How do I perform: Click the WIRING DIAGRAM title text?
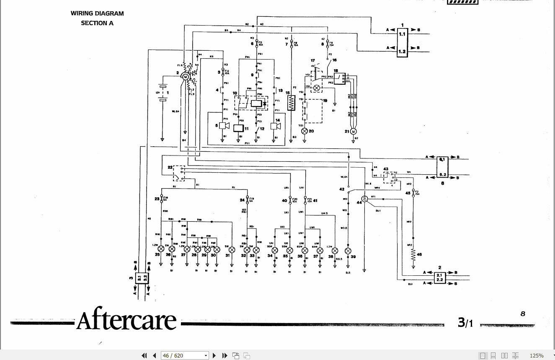tap(97, 13)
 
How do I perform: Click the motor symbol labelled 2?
tap(185, 76)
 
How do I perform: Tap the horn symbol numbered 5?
tap(222, 125)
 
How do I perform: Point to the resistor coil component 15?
tap(292, 103)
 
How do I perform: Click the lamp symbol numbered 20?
tap(305, 131)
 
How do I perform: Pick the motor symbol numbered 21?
tap(353, 132)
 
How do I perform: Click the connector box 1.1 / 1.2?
tap(402, 43)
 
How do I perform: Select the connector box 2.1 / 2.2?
tap(439, 277)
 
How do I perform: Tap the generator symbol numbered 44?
tap(364, 198)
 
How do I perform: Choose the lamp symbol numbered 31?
tap(232, 250)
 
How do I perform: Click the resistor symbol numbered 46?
tap(413, 254)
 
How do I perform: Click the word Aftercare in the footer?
tap(126, 321)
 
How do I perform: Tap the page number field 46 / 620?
tap(184, 355)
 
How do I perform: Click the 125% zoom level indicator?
tap(537, 355)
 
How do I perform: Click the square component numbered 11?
tap(238, 128)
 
